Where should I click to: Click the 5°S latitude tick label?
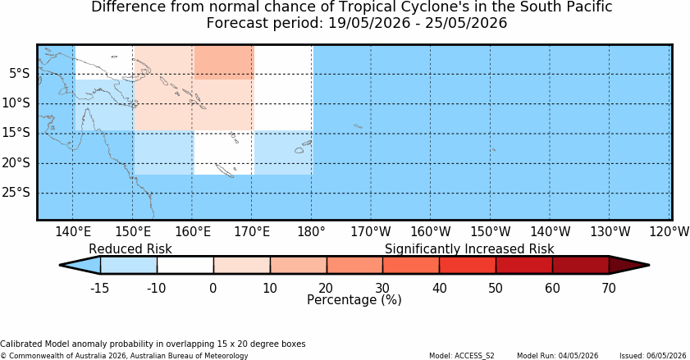[20, 74]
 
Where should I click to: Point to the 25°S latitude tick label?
[16, 193]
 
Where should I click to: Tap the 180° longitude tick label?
[311, 231]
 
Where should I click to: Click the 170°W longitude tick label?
[371, 231]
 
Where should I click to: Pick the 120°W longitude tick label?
[669, 231]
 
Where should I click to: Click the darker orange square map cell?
[224, 62]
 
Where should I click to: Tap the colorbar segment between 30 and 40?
[411, 266]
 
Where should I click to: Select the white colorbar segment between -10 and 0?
[185, 266]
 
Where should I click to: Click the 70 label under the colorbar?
[609, 289]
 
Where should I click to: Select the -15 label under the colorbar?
[99, 289]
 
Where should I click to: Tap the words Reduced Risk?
[130, 249]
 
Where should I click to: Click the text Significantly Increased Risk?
[469, 249]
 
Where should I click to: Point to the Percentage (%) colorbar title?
[354, 300]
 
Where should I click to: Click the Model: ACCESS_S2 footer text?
[462, 356]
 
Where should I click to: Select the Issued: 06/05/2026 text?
[652, 356]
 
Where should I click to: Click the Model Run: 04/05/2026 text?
[558, 356]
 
